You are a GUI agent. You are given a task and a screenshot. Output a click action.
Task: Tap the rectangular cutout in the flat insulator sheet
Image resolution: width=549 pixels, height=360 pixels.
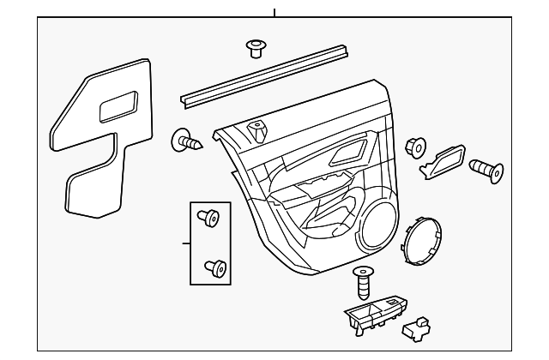pyautogui.click(x=119, y=108)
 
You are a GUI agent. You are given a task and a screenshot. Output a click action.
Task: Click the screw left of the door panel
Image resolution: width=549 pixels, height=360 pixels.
pyautogui.click(x=188, y=141)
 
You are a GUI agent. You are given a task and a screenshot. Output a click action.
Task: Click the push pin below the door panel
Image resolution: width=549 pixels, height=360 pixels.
pyautogui.click(x=364, y=282)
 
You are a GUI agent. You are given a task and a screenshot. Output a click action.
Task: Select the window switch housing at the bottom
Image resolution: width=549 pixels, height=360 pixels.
pyautogui.click(x=377, y=317)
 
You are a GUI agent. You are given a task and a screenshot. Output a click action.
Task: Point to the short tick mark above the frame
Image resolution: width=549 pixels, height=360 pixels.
pyautogui.click(x=274, y=12)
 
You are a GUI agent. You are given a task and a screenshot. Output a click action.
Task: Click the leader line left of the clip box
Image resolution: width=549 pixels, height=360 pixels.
pyautogui.click(x=184, y=243)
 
